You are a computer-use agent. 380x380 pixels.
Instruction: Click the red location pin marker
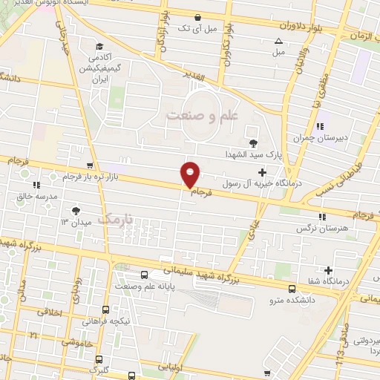click(x=191, y=174)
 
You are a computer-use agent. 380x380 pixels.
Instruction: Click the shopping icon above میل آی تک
click(x=197, y=17)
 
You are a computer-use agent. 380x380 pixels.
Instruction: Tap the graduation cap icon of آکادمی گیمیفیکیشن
click(x=99, y=45)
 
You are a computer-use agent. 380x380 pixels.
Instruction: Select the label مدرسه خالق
click(x=36, y=196)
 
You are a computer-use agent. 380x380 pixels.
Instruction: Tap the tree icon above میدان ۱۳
click(x=75, y=210)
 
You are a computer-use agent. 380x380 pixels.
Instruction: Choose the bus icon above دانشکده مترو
click(x=290, y=289)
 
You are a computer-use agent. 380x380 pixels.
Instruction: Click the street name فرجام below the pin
click(x=202, y=192)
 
